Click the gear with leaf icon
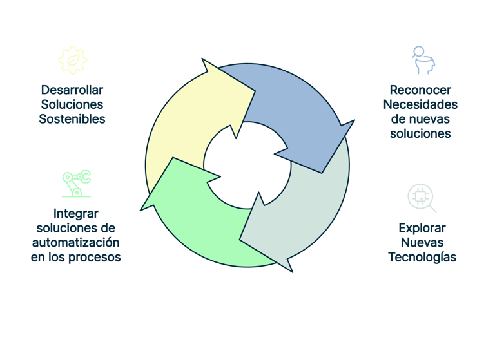tap(72, 59)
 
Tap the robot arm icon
tap(76, 183)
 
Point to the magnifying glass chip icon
tap(422, 198)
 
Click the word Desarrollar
tap(72, 90)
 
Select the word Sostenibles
tap(72, 119)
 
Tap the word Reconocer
tap(420, 90)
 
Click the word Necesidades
tap(420, 104)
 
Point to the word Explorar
tap(422, 228)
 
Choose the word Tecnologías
tap(422, 258)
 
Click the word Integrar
tap(76, 213)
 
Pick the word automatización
tap(76, 243)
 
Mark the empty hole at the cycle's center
tap(246, 169)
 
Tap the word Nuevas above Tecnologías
tap(422, 243)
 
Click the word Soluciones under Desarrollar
tap(72, 104)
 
